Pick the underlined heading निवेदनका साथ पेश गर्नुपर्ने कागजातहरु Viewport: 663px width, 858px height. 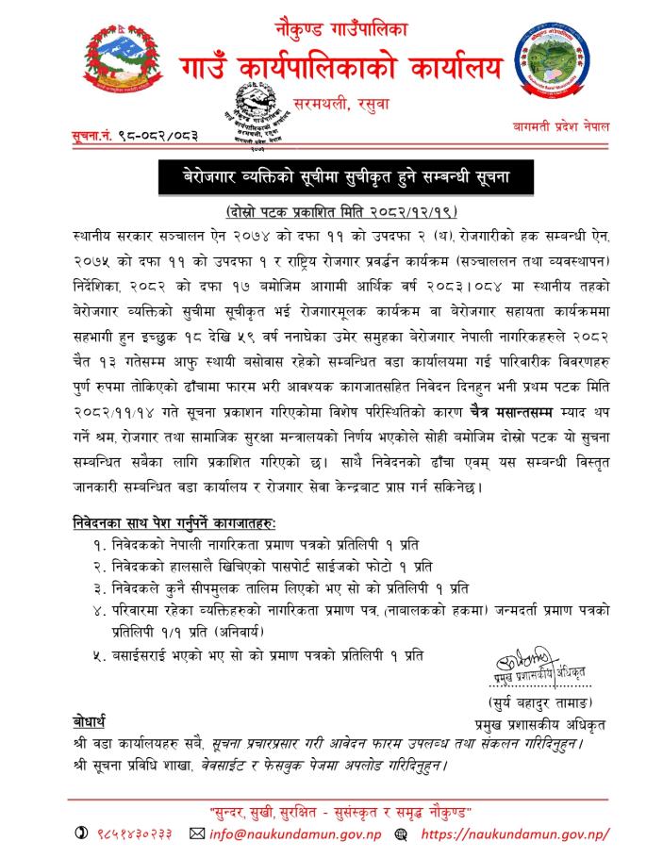[x=180, y=522]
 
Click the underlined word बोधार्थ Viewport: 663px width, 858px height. [x=91, y=721]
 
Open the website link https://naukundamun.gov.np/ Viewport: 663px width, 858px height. [x=513, y=833]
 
